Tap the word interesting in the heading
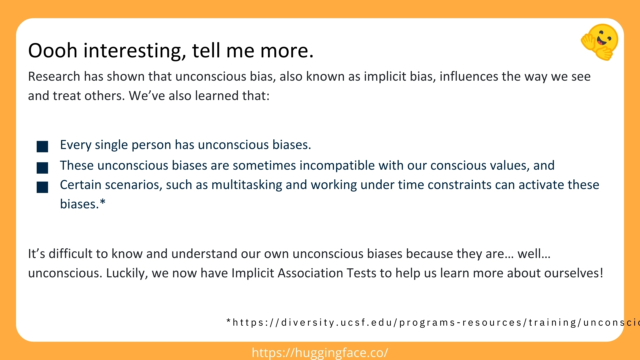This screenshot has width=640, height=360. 134,51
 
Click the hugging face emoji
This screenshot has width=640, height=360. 600,42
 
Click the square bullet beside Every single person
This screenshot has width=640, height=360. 42,147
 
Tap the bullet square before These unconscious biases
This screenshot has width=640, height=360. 42,168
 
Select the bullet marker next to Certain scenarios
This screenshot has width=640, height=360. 42,187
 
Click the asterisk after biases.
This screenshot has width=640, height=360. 103,203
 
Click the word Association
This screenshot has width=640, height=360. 310,273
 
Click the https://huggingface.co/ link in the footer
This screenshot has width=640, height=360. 320,353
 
